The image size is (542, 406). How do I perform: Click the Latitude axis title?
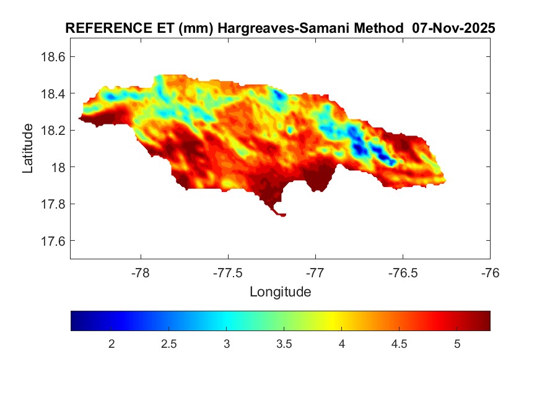[28, 148]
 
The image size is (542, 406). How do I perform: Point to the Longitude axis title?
[280, 292]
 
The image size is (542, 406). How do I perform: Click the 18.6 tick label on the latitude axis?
[52, 57]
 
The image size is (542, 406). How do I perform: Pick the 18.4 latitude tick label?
[52, 93]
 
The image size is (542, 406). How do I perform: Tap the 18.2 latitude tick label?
[52, 131]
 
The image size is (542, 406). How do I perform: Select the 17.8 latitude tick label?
[52, 204]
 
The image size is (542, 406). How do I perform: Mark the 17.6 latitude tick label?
[52, 241]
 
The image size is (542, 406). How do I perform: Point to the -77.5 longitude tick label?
[228, 272]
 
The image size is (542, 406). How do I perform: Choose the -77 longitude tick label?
[315, 272]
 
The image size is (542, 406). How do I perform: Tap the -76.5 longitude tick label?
[403, 272]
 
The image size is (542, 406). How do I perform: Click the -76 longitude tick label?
[490, 272]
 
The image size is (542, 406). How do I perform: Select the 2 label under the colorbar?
[111, 344]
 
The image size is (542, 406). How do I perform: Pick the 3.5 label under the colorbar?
[284, 344]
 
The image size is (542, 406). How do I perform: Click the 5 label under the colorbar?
[457, 344]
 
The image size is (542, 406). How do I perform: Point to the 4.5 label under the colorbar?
[400, 344]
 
